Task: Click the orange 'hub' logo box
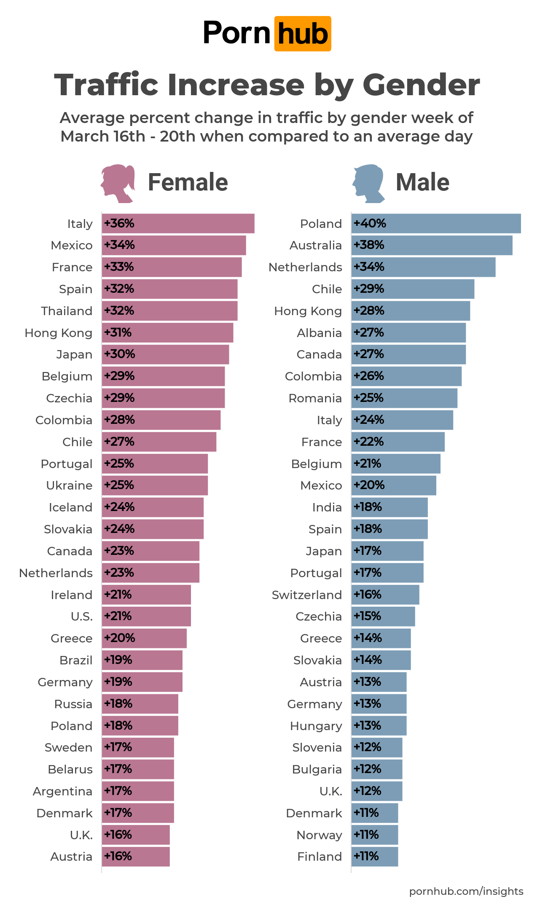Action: point(303,34)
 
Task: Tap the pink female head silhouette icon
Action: point(118,183)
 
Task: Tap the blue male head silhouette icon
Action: point(368,183)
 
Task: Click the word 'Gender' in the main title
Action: point(421,85)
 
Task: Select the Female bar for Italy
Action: point(178,223)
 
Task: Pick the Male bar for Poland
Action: point(436,223)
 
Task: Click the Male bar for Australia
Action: point(432,245)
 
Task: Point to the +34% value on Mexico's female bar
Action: point(119,245)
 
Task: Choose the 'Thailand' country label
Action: point(67,311)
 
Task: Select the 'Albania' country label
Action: point(319,333)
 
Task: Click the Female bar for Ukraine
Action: point(155,485)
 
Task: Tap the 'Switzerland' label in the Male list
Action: point(306,595)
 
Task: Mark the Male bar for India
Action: point(390,507)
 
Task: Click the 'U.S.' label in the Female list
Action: point(81,617)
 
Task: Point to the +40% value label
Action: point(370,223)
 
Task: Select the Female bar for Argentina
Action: point(138,791)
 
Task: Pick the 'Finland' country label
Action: point(319,857)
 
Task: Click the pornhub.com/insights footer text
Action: point(466,891)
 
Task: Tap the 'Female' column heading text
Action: point(188,182)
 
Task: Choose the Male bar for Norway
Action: point(375,835)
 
